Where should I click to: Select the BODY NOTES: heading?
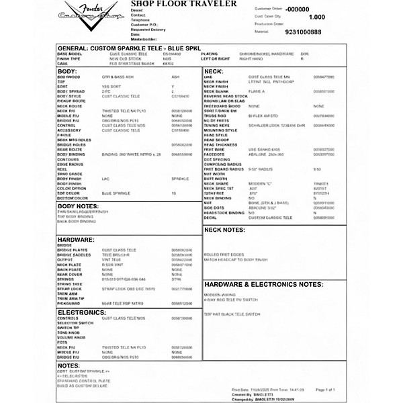pos(79,206)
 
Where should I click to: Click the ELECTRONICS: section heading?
pos(82,312)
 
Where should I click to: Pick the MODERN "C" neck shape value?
pos(261,182)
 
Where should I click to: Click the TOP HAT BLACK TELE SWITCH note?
pos(233,314)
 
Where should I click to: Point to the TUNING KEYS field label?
pos(216,125)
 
